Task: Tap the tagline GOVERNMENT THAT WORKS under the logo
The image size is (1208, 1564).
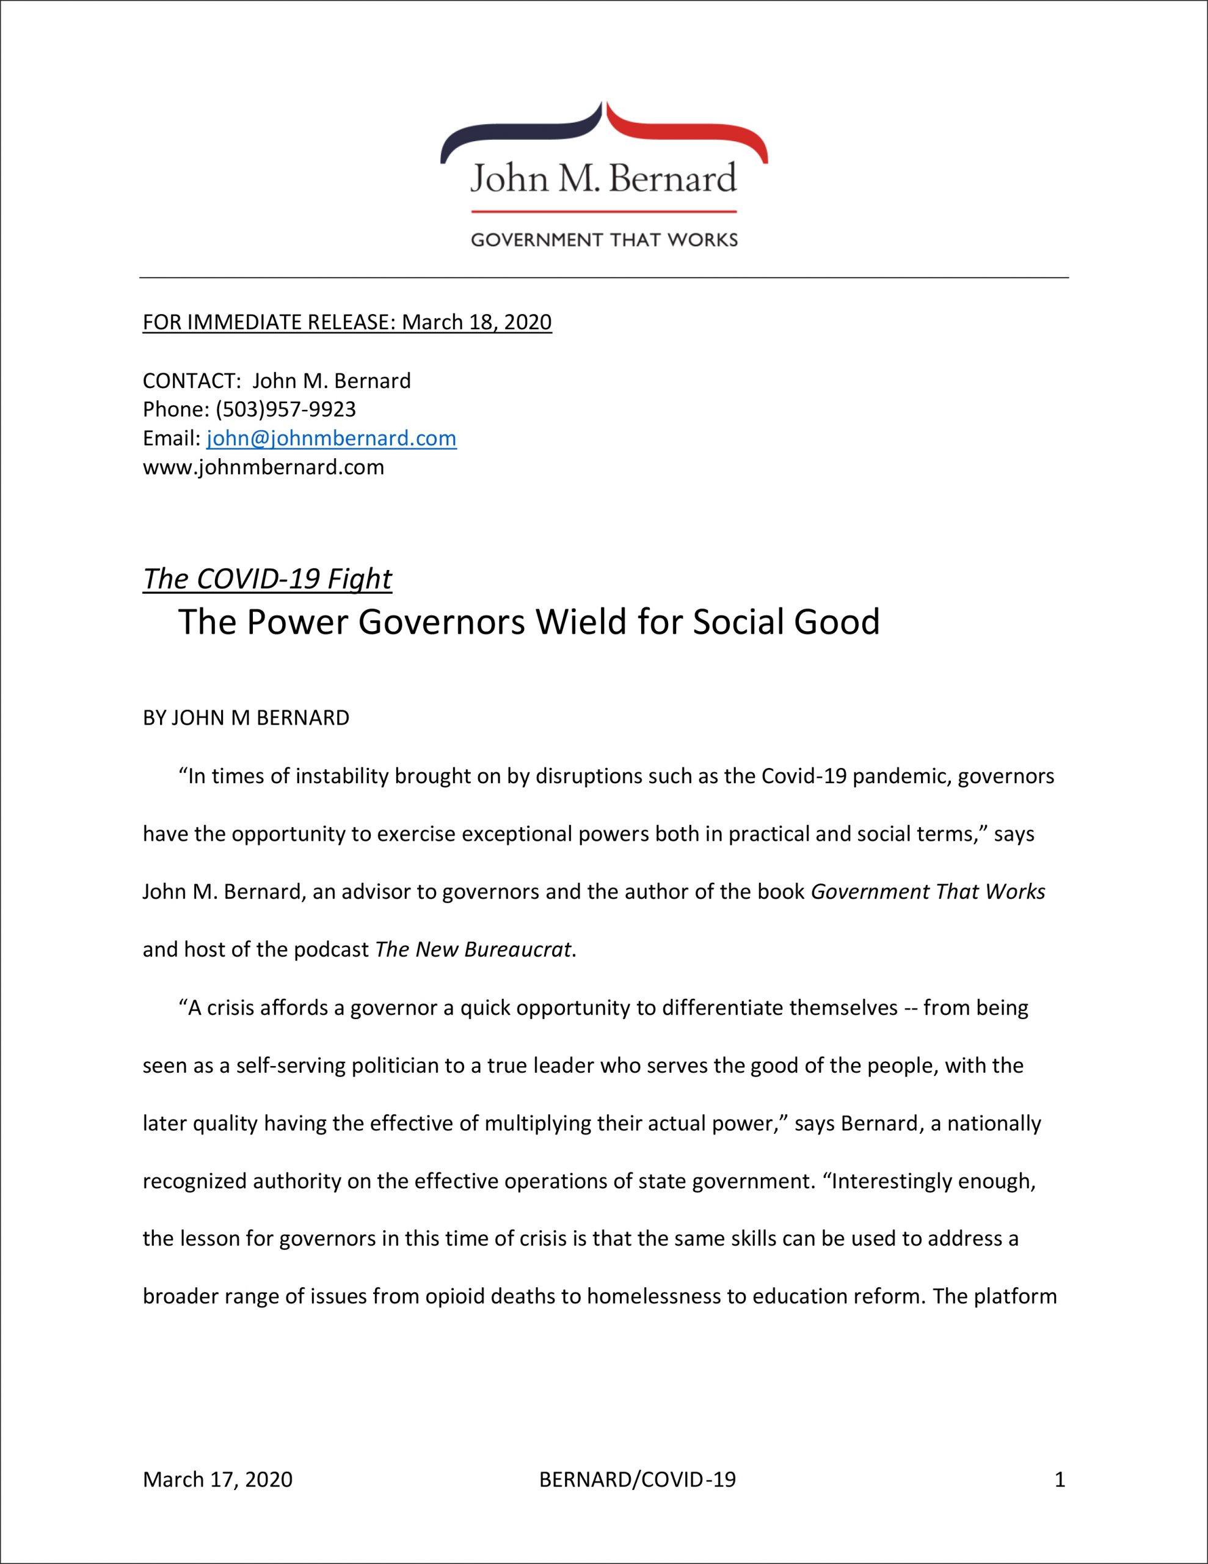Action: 603,239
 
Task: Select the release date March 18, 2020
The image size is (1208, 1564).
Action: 476,322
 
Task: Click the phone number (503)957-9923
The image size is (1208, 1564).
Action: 285,409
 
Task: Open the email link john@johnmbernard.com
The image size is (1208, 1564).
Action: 331,438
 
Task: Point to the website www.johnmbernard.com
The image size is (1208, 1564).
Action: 263,467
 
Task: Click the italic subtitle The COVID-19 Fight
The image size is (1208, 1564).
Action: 267,579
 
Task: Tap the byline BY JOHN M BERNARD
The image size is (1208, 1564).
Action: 246,718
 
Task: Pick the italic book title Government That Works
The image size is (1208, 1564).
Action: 927,891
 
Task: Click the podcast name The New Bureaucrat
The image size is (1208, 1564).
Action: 473,949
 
